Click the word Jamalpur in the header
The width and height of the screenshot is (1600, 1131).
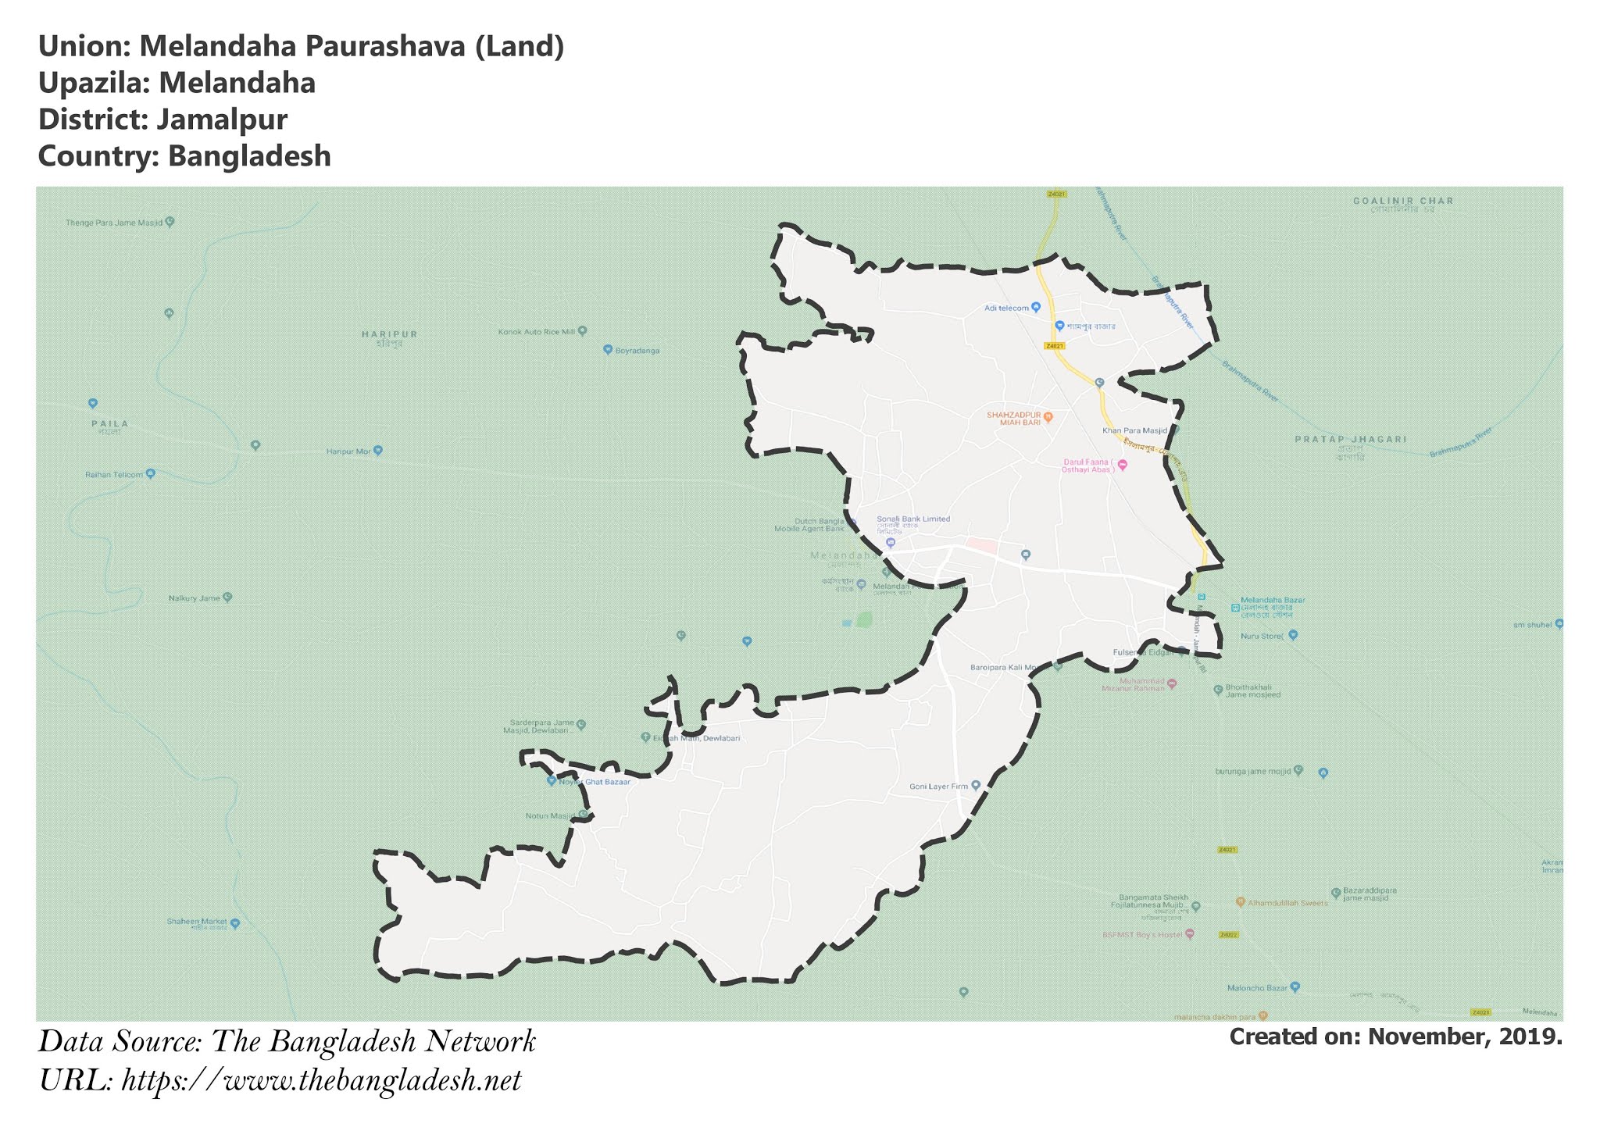221,120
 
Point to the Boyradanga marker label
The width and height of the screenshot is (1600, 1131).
637,351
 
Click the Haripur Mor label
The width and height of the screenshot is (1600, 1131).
348,451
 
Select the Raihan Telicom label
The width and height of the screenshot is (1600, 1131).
114,475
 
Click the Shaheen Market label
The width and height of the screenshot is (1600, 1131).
196,922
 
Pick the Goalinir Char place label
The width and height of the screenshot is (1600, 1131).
1403,202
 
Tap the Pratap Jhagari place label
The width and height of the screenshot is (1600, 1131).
1351,440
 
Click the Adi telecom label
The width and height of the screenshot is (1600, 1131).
1006,309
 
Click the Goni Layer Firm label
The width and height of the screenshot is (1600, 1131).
938,787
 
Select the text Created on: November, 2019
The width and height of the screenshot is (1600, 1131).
1395,1037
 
